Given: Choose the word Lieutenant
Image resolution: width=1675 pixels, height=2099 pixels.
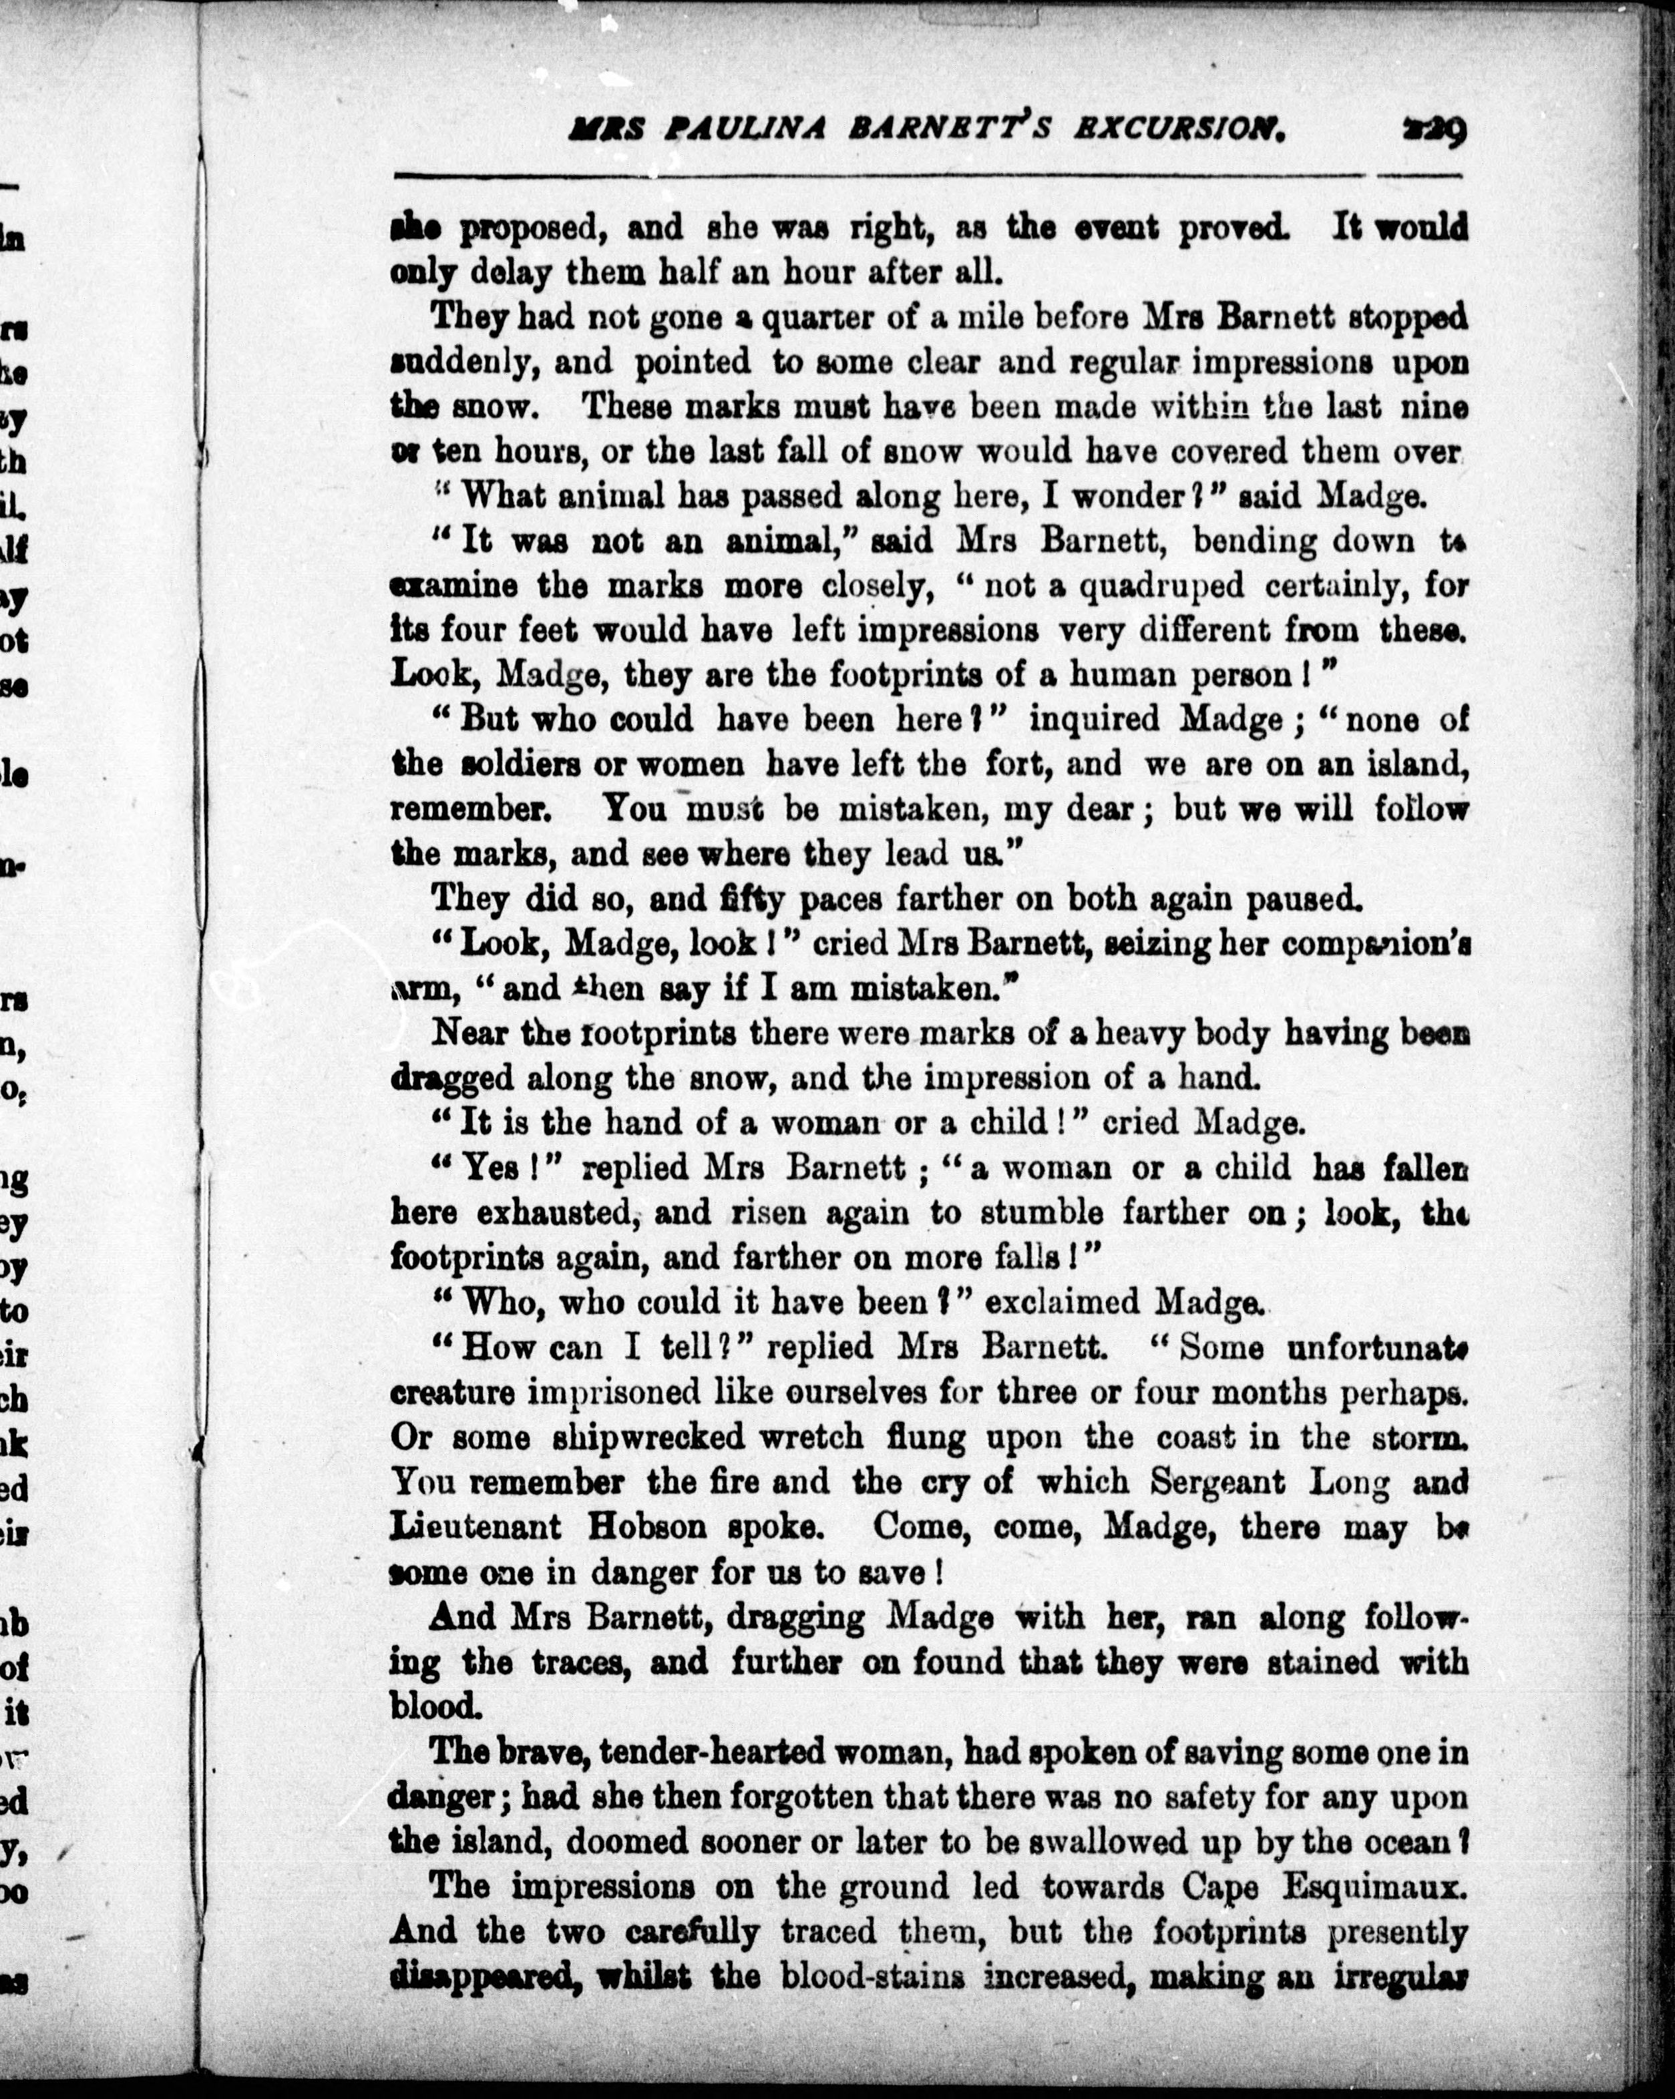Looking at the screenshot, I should click(x=476, y=1527).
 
